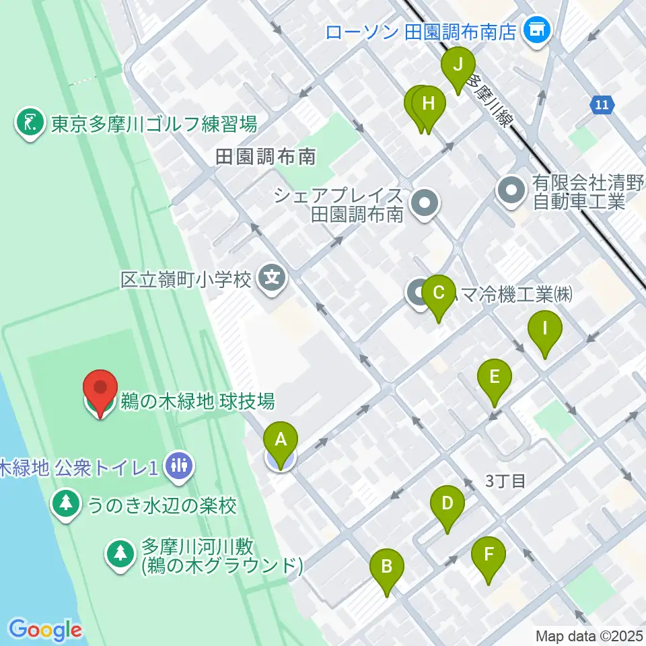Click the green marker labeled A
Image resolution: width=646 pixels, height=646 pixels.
tap(281, 441)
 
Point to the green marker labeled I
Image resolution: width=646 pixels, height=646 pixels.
tap(545, 332)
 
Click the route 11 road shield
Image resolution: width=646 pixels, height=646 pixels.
tap(602, 105)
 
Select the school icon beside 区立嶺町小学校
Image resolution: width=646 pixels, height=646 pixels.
tap(273, 277)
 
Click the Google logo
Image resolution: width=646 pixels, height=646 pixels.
tap(45, 630)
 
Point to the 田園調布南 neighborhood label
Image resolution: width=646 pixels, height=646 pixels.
tap(266, 158)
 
